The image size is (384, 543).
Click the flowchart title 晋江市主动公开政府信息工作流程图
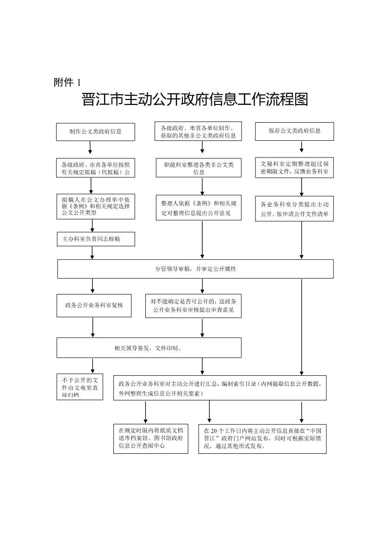click(195, 100)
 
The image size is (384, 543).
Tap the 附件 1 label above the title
click(67, 83)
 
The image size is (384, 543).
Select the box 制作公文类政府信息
click(96, 131)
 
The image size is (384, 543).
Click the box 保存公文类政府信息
click(294, 131)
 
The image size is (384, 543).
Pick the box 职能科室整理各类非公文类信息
click(199, 168)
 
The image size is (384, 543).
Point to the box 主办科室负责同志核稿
click(96, 239)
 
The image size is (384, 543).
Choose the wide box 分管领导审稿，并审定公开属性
click(195, 269)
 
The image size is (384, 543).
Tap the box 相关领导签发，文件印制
click(149, 347)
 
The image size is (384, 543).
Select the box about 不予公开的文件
click(80, 386)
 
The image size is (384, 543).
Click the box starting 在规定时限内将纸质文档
click(151, 438)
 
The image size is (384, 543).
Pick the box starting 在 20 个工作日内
click(262, 438)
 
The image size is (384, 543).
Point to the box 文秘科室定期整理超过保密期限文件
click(294, 168)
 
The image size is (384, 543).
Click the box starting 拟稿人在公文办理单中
click(96, 206)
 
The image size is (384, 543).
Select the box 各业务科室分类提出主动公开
click(294, 209)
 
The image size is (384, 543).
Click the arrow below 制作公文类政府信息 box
click(90, 147)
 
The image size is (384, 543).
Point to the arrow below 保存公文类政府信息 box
click(302, 147)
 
